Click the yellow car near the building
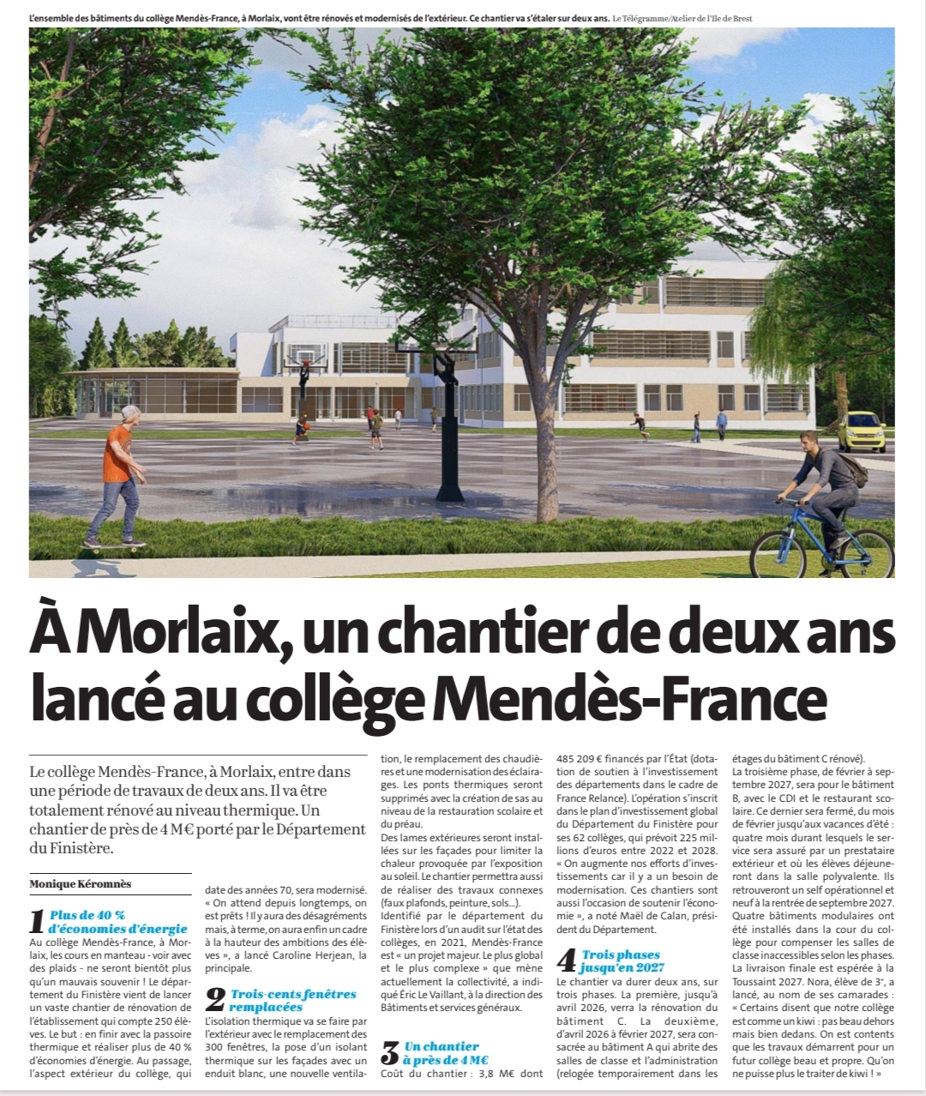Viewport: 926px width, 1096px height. tap(860, 431)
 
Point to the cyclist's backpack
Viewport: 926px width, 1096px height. tap(849, 469)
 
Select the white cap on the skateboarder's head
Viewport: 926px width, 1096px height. tap(129, 413)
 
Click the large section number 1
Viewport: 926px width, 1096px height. tap(37, 922)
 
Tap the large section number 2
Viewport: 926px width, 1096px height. tap(215, 1000)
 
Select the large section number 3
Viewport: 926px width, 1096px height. tap(390, 1053)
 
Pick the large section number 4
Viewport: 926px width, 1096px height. tap(567, 961)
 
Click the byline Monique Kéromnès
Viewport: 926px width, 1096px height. tap(81, 884)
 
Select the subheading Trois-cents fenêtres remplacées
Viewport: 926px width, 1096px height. tap(292, 1000)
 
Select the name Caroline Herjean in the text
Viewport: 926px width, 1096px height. tap(303, 955)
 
